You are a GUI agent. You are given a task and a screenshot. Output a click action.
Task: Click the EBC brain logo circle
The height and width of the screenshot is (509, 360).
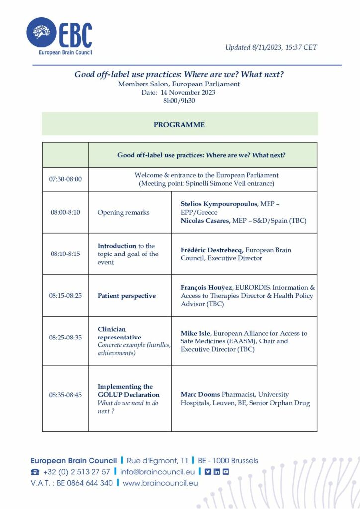[42, 33]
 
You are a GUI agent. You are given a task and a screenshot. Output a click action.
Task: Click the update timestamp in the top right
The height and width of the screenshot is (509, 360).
[271, 48]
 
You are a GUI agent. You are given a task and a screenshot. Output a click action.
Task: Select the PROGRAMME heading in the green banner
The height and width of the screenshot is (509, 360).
[179, 125]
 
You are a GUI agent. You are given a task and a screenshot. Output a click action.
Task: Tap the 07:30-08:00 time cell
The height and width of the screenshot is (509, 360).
[65, 179]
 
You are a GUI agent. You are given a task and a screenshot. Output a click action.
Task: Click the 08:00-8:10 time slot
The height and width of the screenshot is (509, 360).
[65, 212]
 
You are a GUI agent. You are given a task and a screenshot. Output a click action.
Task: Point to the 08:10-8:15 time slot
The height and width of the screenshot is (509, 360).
[65, 254]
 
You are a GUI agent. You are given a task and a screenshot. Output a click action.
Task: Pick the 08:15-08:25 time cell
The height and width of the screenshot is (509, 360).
[65, 296]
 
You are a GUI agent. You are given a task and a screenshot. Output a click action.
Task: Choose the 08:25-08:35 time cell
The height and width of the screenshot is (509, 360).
[65, 338]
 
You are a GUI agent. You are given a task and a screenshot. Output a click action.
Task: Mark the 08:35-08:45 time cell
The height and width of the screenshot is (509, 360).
[65, 395]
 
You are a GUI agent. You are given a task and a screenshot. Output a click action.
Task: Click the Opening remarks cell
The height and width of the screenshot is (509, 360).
[123, 212]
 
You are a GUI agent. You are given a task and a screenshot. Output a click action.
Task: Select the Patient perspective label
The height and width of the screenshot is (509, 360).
[127, 296]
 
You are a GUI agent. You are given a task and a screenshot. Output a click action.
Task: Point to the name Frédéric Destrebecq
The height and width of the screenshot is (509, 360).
[211, 250]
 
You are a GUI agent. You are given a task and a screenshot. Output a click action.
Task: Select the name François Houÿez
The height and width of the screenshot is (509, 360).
[208, 288]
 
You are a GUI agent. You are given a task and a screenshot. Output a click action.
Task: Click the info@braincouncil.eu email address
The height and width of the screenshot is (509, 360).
[159, 472]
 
